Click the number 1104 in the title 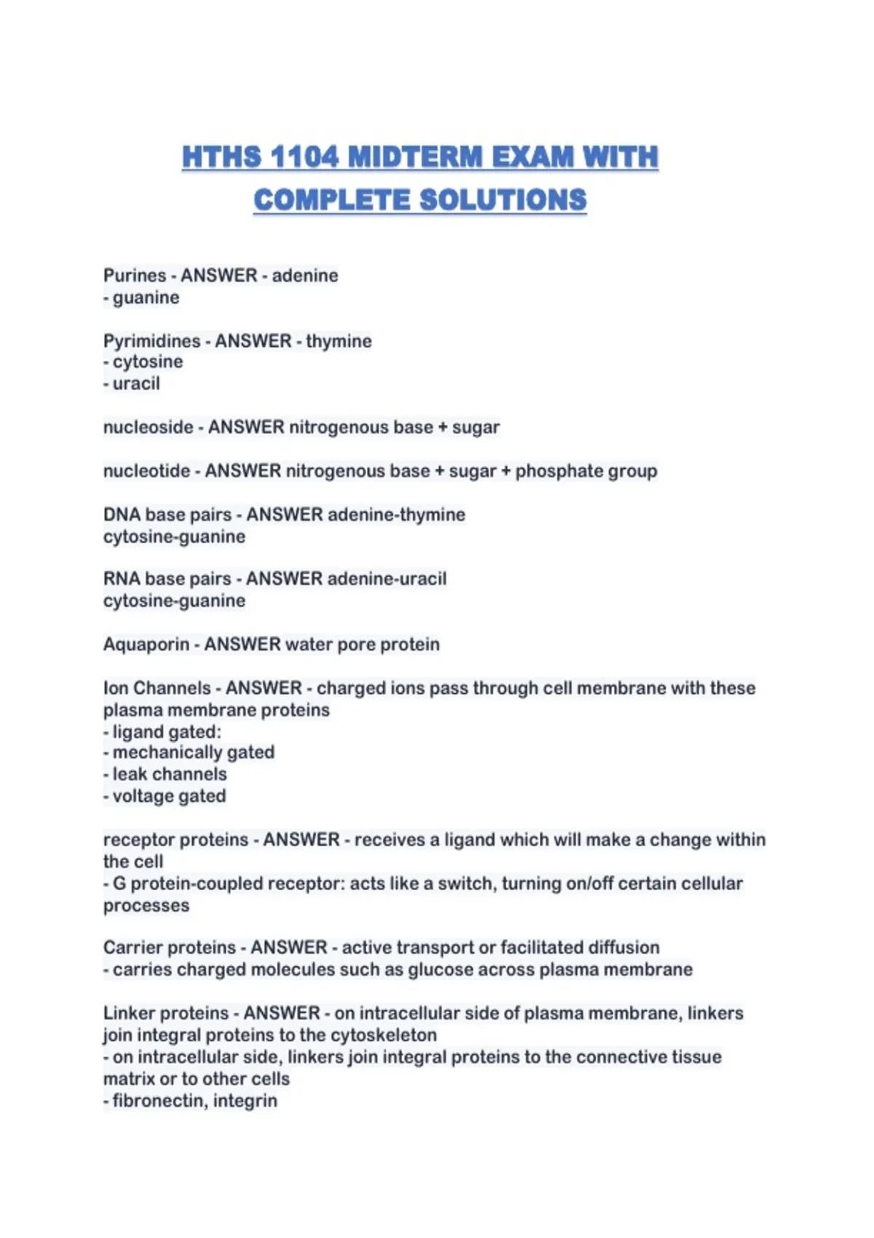tap(304, 157)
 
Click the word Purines tap(135, 276)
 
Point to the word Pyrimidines tap(151, 341)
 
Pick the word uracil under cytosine tap(136, 384)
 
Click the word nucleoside tap(148, 427)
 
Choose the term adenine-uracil tap(387, 579)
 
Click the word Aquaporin tap(146, 644)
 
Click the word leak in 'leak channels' tap(128, 774)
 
